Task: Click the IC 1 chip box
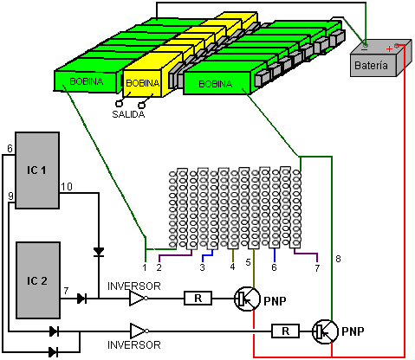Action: pyautogui.click(x=37, y=170)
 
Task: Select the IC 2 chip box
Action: pyautogui.click(x=38, y=280)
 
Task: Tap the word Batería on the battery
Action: pyautogui.click(x=371, y=66)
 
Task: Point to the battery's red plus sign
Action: pyautogui.click(x=389, y=48)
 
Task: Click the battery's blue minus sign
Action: pyautogui.click(x=365, y=49)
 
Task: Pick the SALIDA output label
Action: pyautogui.click(x=128, y=114)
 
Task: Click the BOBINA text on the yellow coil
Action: pyautogui.click(x=143, y=83)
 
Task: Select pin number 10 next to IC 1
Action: pyautogui.click(x=67, y=187)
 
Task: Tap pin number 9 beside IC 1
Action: pyautogui.click(x=10, y=196)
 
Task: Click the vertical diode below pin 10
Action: pyautogui.click(x=99, y=252)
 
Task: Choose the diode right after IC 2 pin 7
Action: pyautogui.click(x=82, y=299)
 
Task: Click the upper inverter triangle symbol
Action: pyautogui.click(x=139, y=299)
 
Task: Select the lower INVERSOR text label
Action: pyautogui.click(x=134, y=345)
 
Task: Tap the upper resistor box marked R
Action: pyautogui.click(x=198, y=299)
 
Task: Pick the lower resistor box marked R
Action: pyautogui.click(x=285, y=331)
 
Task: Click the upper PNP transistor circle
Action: pyautogui.click(x=247, y=299)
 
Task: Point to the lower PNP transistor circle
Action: pyautogui.click(x=325, y=331)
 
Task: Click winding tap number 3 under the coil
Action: pyautogui.click(x=203, y=267)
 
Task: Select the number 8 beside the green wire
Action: pyautogui.click(x=338, y=259)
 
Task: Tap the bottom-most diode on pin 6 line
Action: pyautogui.click(x=53, y=352)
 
